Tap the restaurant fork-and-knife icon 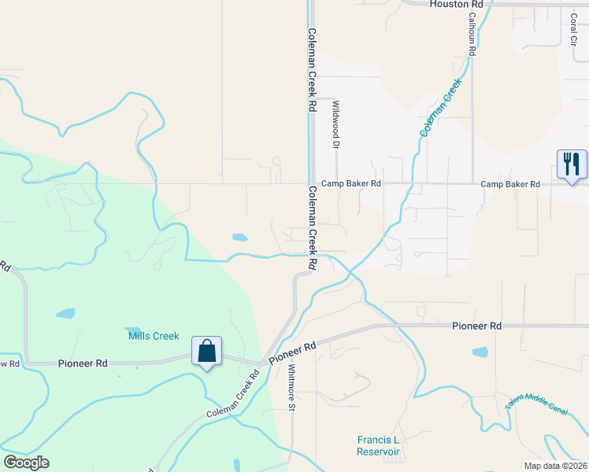click(x=572, y=164)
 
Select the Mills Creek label click(x=150, y=336)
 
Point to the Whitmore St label click(x=291, y=387)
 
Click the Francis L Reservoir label click(x=378, y=446)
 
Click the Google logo click(x=26, y=463)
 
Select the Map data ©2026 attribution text click(x=555, y=465)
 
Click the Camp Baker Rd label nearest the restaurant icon click(x=510, y=184)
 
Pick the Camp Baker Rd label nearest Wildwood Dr click(x=351, y=183)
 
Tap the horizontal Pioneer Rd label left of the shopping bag click(x=82, y=363)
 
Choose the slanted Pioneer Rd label click(x=292, y=351)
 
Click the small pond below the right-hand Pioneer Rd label click(x=480, y=352)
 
